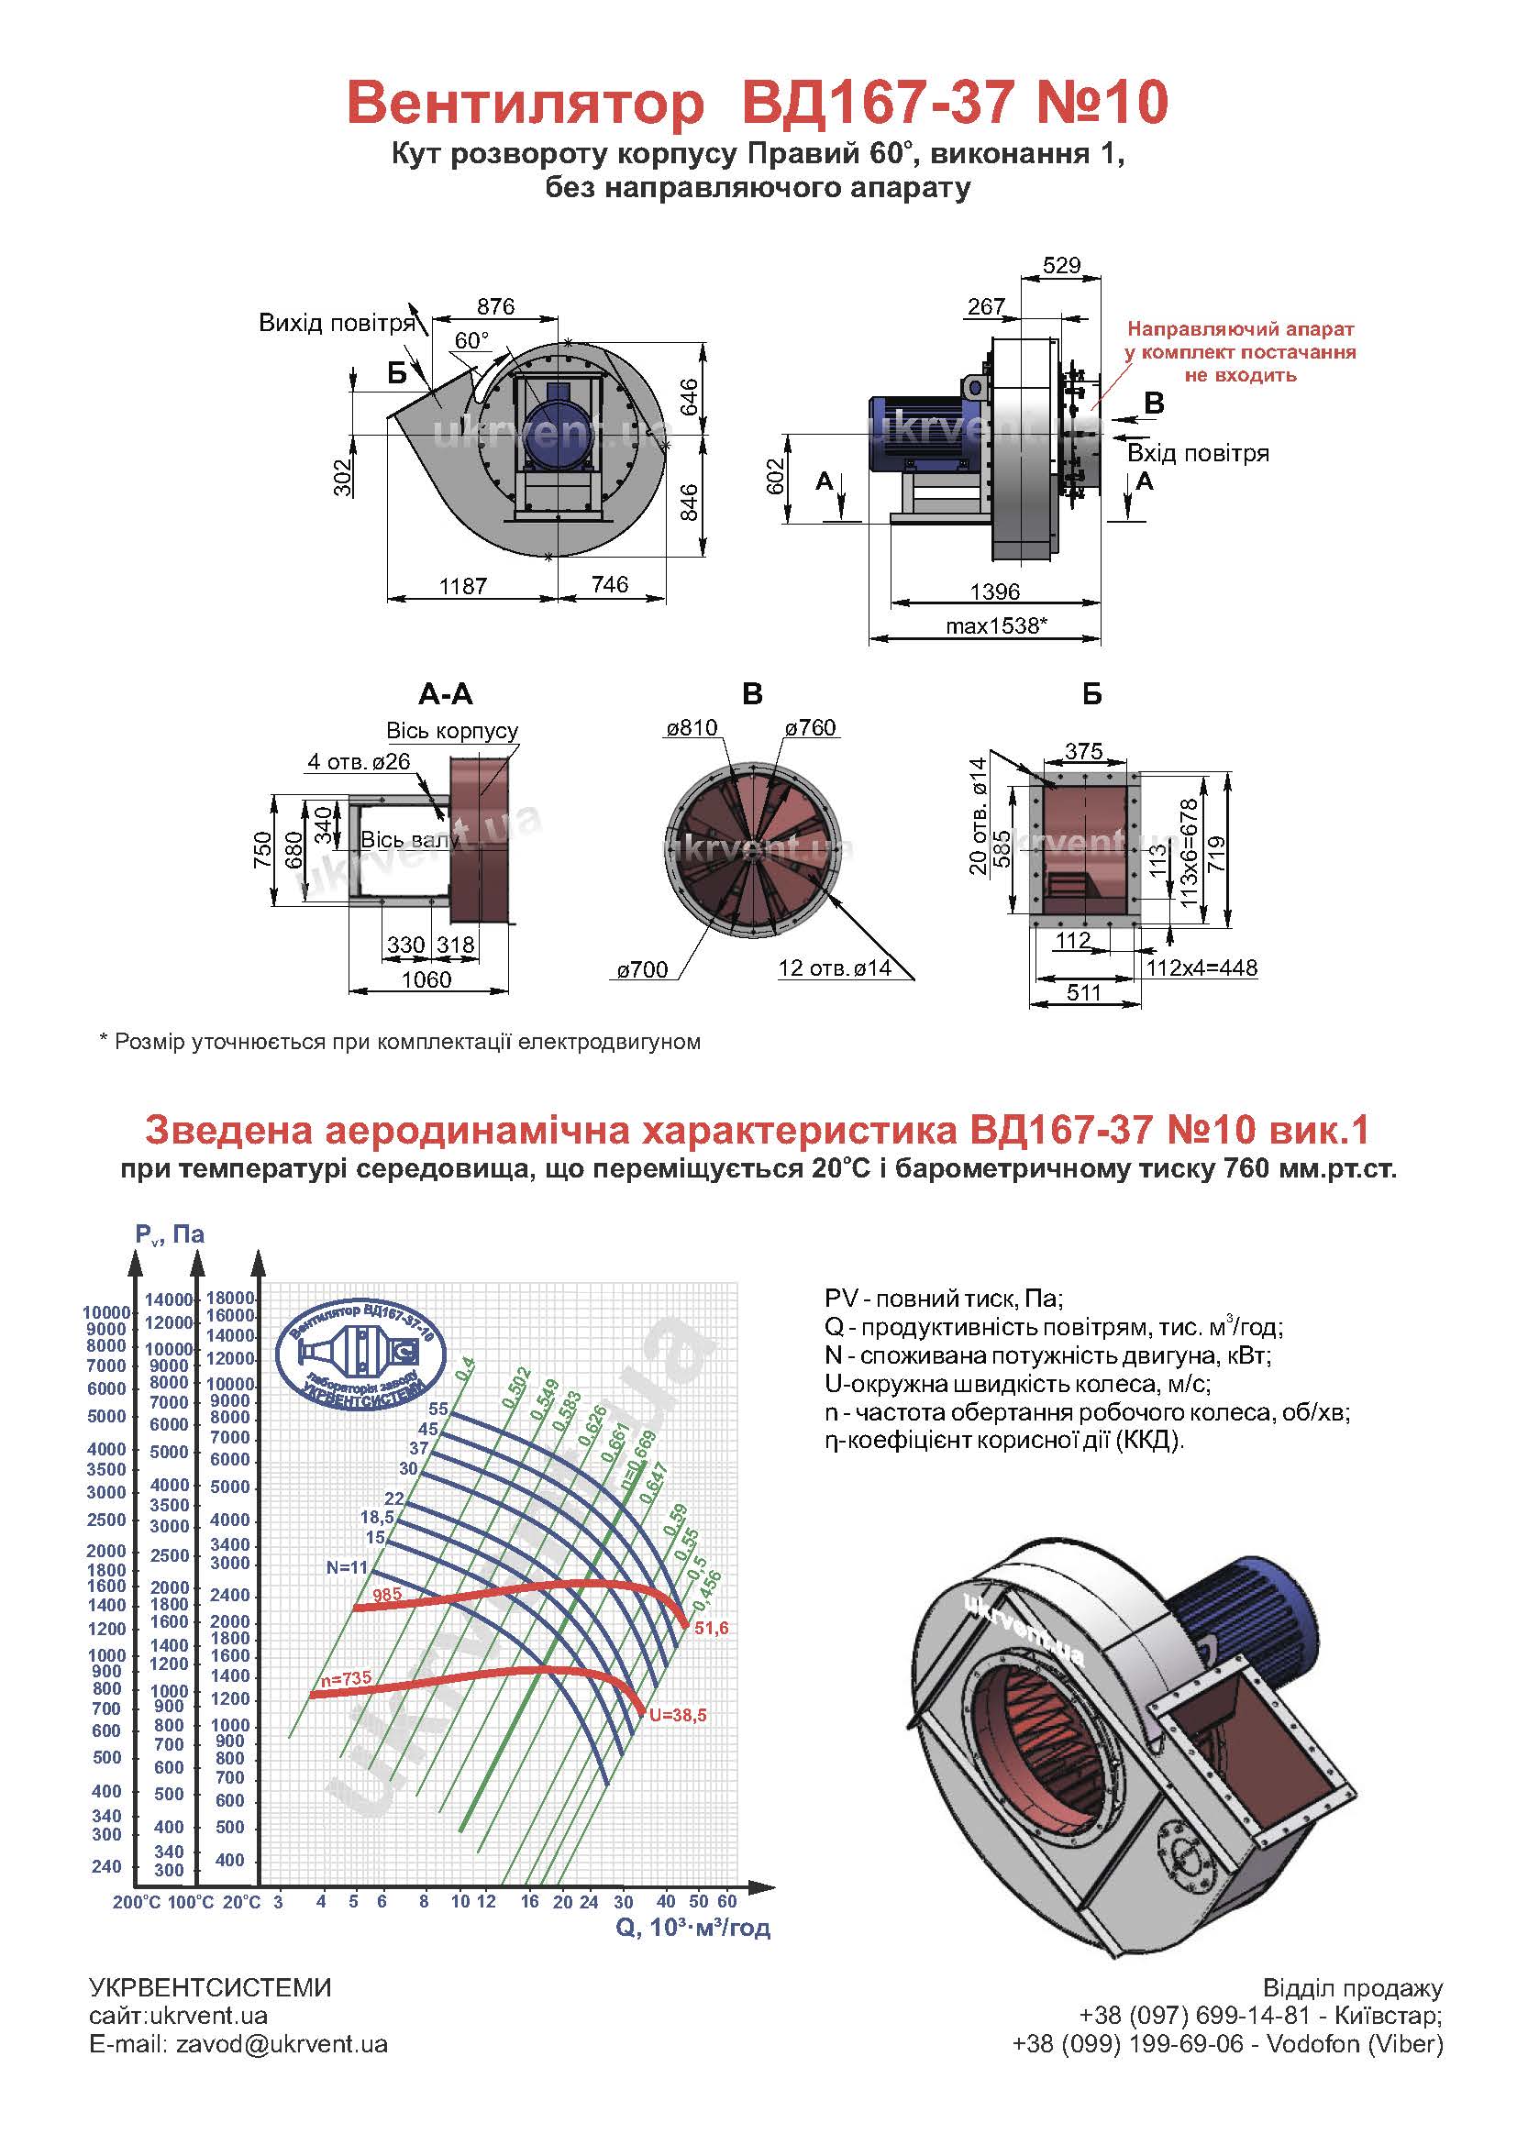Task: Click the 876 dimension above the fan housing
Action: tap(495, 306)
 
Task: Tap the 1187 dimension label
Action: tap(462, 587)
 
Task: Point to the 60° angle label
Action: tap(471, 340)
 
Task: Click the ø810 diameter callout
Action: tap(692, 727)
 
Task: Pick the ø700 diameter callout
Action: tap(642, 969)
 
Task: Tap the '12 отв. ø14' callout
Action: tap(834, 968)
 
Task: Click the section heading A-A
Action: tap(446, 694)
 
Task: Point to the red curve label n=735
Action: tap(346, 1678)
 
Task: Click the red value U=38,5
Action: tap(677, 1715)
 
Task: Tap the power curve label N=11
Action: tap(347, 1567)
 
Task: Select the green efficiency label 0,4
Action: tap(464, 1369)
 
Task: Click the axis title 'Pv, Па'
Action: tap(169, 1234)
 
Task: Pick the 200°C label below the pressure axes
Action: tap(137, 1902)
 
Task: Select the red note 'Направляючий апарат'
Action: tap(1240, 329)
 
